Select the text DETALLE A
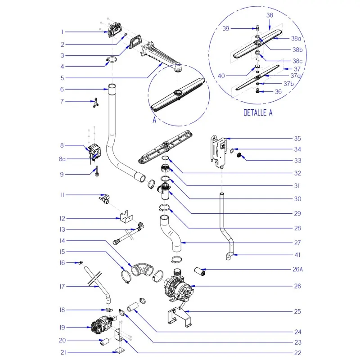(x=258, y=113)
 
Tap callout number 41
(x=297, y=256)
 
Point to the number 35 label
(x=297, y=139)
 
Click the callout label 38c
(x=297, y=61)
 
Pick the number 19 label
(x=63, y=327)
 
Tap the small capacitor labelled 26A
(x=199, y=271)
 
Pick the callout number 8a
(x=63, y=159)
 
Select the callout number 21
(x=63, y=353)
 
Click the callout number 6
(x=63, y=89)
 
